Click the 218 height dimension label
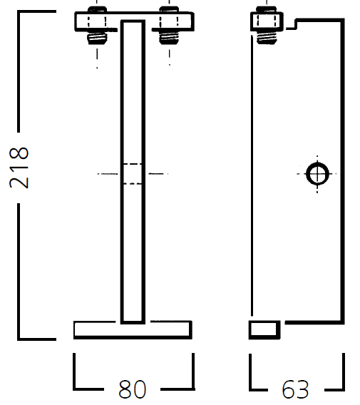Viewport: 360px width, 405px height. tap(19, 168)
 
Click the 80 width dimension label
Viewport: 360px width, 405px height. tap(132, 389)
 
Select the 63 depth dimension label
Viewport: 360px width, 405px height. tap(295, 389)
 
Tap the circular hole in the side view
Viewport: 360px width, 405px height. tap(317, 174)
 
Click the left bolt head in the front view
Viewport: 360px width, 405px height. tap(98, 9)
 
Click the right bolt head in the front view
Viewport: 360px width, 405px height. tap(169, 9)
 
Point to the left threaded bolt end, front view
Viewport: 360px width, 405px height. tap(97, 39)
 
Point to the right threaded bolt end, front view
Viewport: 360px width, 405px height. tap(169, 39)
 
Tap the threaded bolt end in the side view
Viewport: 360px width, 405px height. tap(267, 38)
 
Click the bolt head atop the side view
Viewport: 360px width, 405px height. tap(266, 9)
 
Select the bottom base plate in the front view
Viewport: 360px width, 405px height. tap(133, 329)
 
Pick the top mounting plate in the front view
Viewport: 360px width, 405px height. tap(134, 21)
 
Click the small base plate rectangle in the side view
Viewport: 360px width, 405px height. tap(264, 329)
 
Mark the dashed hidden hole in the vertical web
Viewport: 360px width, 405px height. tap(133, 174)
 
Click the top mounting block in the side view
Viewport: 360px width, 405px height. tap(267, 21)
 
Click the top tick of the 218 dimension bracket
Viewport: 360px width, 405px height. tap(36, 11)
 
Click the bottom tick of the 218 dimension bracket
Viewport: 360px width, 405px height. tap(36, 339)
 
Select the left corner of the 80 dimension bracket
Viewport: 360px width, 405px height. tap(74, 389)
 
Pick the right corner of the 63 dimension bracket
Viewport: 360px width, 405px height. tap(343, 389)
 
